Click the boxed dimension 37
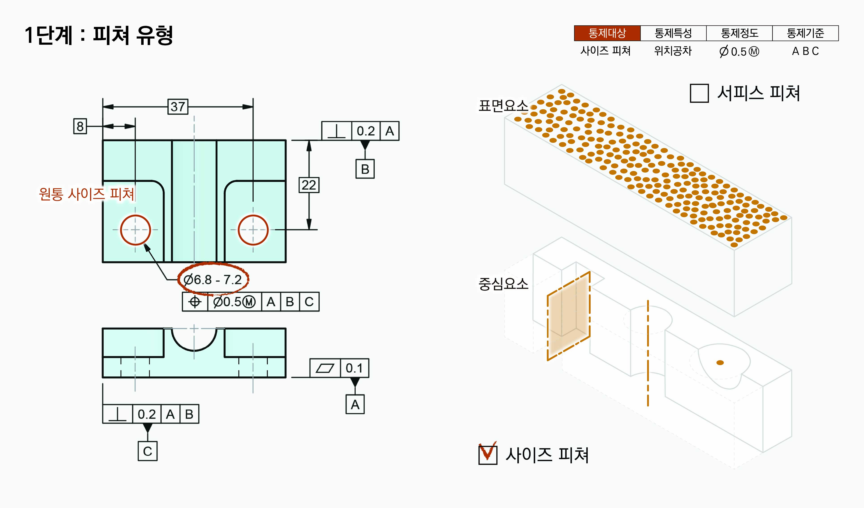point(178,107)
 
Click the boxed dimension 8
point(80,126)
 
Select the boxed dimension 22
point(309,185)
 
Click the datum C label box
point(147,451)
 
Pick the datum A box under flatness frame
point(355,404)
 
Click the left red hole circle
point(135,230)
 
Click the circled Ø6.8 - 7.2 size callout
point(213,280)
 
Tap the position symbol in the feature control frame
point(195,302)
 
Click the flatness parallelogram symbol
point(325,368)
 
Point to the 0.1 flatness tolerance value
point(354,368)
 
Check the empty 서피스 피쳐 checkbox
point(699,93)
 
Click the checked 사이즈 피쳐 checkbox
point(488,454)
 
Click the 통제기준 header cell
point(805,33)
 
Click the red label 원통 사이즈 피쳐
point(86,194)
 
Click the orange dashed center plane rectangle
point(568,316)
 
